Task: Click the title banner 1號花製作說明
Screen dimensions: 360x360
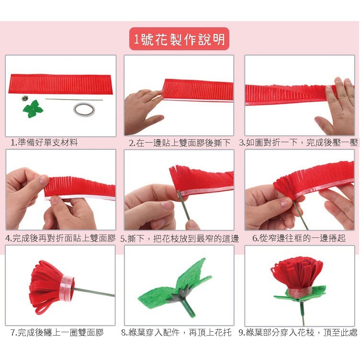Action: point(179,39)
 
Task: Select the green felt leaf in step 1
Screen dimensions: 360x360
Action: point(33,109)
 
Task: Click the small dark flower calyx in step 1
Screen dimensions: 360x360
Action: point(24,99)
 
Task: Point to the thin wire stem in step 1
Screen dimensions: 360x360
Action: point(74,100)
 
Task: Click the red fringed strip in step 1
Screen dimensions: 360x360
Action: point(61,84)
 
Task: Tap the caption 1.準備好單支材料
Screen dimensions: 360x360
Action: point(44,143)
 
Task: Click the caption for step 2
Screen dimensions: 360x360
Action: point(180,143)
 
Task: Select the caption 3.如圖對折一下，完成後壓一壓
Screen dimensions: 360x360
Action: point(298,143)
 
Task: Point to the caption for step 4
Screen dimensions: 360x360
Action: point(60,238)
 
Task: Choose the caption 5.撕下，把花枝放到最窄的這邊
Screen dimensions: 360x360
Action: point(180,238)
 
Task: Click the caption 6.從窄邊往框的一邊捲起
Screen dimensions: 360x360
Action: point(299,238)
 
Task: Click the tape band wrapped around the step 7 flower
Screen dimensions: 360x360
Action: point(67,289)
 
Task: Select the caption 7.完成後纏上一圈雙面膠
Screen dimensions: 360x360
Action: point(57,332)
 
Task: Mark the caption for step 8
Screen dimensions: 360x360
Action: point(176,332)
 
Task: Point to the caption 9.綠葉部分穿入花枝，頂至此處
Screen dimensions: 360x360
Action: point(298,332)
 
